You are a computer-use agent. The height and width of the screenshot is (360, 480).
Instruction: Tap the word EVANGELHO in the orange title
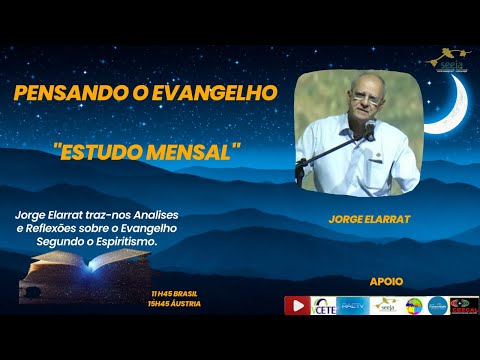point(220,92)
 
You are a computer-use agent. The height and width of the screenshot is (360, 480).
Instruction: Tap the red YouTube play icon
point(297,305)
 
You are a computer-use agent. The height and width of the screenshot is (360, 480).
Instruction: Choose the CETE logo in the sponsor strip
point(324,305)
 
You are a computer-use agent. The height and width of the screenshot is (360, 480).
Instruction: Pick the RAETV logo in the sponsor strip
point(353,305)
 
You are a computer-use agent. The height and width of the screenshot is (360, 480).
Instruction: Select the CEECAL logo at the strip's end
point(464,305)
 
